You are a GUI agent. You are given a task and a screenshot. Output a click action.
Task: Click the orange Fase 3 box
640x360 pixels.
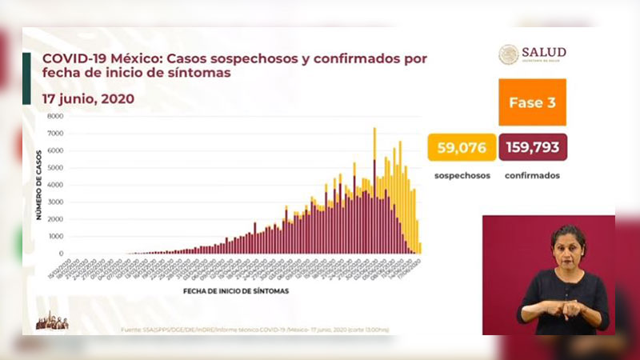coord(532,102)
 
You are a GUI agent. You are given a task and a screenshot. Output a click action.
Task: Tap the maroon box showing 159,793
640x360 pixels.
coord(533,147)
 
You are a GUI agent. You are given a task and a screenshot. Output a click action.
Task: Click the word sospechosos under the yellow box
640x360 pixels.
coord(462,174)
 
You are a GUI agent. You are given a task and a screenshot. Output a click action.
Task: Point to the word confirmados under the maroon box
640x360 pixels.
coord(532,174)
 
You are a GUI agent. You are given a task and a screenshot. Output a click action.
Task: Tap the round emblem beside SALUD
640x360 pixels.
coord(509,54)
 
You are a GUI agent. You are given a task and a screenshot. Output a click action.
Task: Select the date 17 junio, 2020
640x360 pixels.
coord(89,99)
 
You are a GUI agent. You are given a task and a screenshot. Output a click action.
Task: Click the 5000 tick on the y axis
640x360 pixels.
coord(55,167)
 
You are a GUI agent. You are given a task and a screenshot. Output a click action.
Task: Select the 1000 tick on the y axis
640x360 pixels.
coord(55,237)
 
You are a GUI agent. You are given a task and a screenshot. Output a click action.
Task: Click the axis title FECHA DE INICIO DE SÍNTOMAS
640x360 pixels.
coord(236,291)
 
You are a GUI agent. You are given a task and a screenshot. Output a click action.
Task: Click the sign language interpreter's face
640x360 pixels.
coord(568,249)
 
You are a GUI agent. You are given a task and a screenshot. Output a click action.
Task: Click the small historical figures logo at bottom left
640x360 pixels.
coord(52,322)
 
